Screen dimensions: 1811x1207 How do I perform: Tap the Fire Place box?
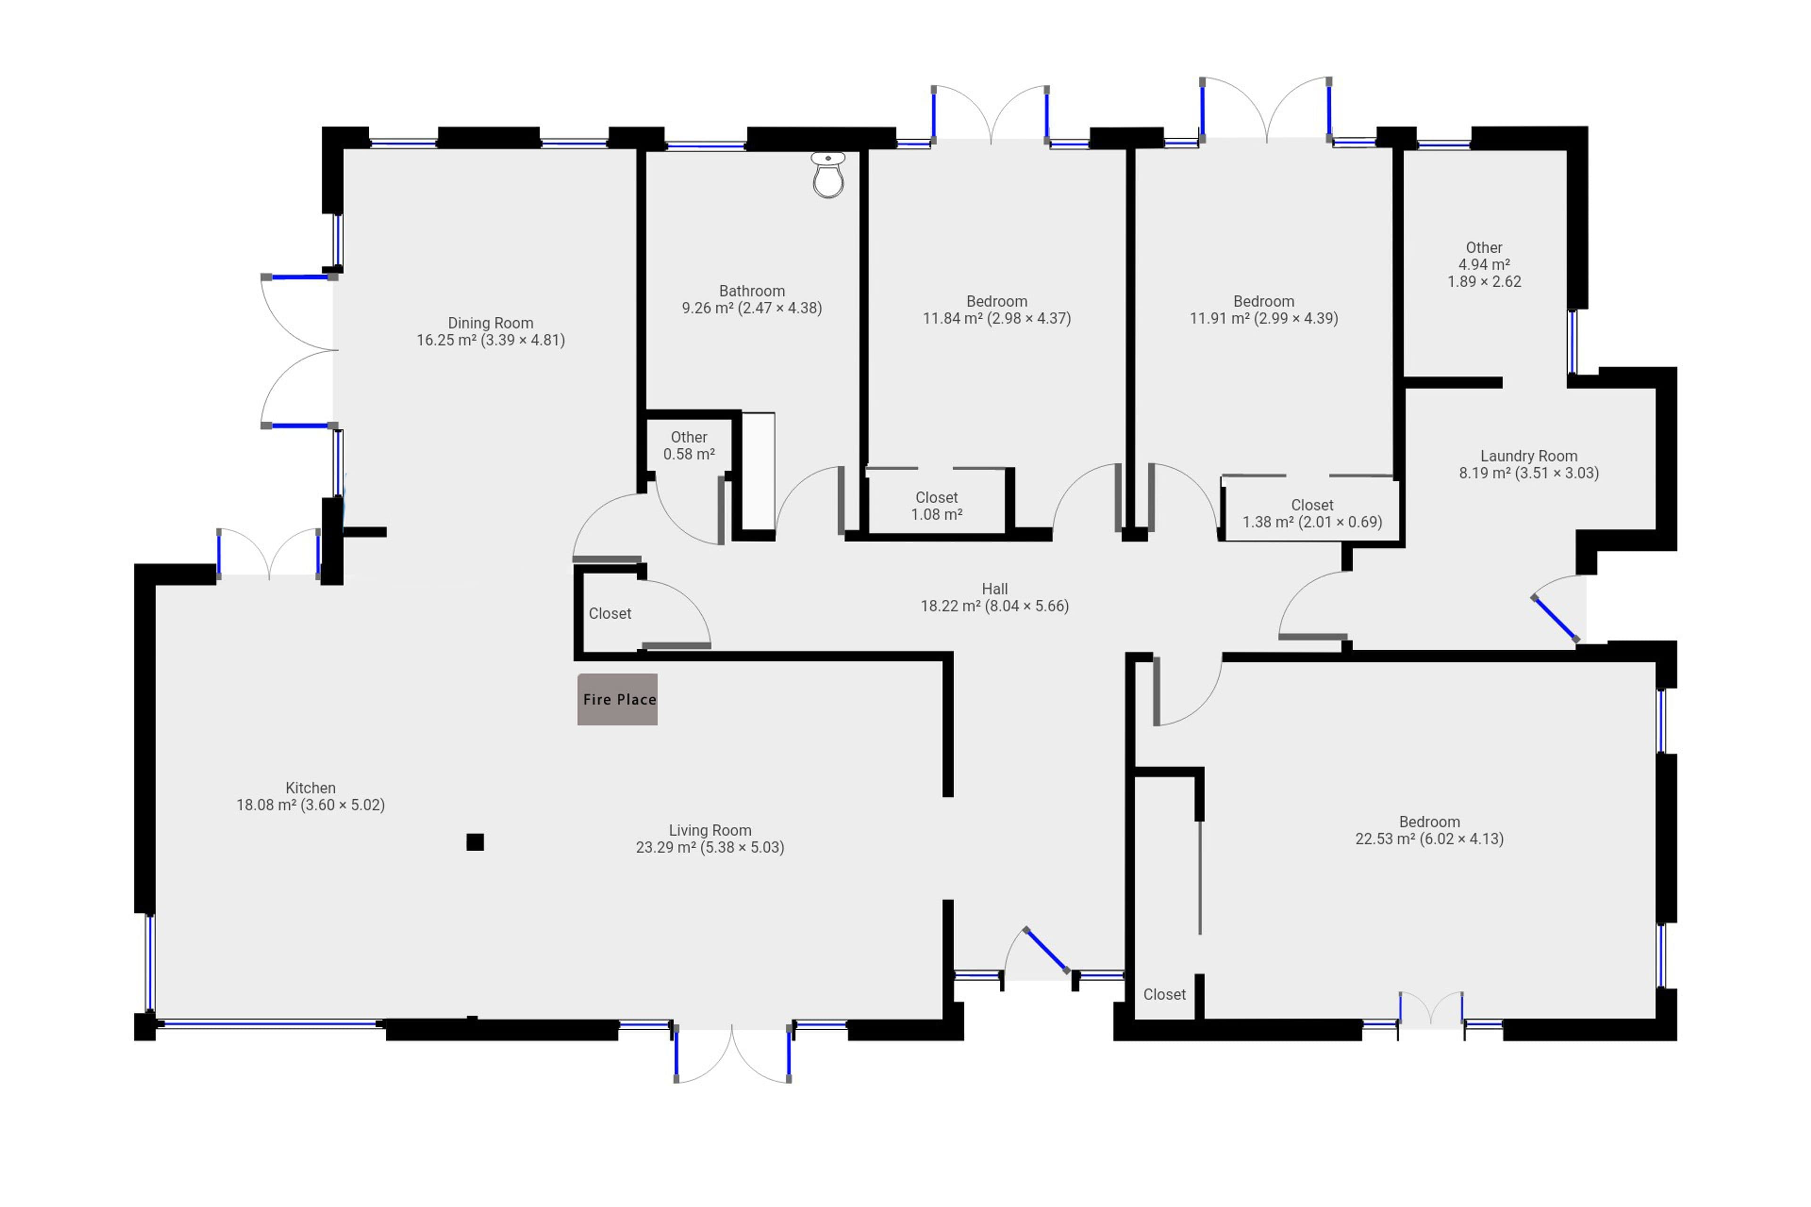[617, 699]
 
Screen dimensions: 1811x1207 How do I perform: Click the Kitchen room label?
[310, 796]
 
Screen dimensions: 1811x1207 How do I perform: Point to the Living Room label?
[710, 838]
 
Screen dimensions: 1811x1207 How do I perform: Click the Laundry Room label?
[1529, 464]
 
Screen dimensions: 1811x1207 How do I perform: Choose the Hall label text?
[995, 597]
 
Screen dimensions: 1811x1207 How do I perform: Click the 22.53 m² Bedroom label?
[1429, 830]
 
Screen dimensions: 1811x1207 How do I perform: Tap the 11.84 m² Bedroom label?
[997, 309]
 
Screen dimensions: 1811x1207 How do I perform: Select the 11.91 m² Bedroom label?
[1263, 309]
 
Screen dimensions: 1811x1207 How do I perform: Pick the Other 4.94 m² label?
[1484, 264]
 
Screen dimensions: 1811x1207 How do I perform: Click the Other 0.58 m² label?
[689, 446]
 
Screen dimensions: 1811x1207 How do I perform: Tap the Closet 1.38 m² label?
[1312, 513]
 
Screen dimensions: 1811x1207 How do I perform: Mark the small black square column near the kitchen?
[475, 842]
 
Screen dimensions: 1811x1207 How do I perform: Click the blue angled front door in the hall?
[1046, 951]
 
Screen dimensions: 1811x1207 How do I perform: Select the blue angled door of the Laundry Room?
[1554, 618]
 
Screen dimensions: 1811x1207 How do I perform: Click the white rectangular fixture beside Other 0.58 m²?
[758, 471]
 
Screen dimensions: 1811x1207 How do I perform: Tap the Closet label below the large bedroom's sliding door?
[1164, 994]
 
